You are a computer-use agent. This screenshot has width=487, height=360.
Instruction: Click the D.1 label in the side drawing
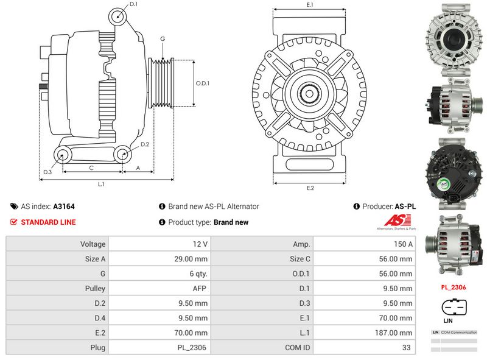[x=133, y=4]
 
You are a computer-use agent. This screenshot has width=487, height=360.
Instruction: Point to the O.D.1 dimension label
[x=203, y=83]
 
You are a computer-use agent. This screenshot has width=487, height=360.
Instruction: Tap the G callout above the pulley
[x=163, y=39]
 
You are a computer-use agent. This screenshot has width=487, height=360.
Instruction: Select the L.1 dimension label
[x=102, y=183]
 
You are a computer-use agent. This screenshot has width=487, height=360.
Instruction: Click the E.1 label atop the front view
[x=310, y=5]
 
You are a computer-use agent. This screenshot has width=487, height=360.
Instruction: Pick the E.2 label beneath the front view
[x=310, y=188]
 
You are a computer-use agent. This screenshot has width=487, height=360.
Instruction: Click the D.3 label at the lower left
[x=47, y=172]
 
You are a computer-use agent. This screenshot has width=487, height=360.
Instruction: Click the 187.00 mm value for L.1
[x=395, y=333]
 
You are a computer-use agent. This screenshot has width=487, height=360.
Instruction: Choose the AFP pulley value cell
[x=200, y=288]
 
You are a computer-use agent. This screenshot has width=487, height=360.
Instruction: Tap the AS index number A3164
[x=64, y=206]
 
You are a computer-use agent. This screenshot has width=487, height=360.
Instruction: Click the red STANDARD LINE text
[x=48, y=222]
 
